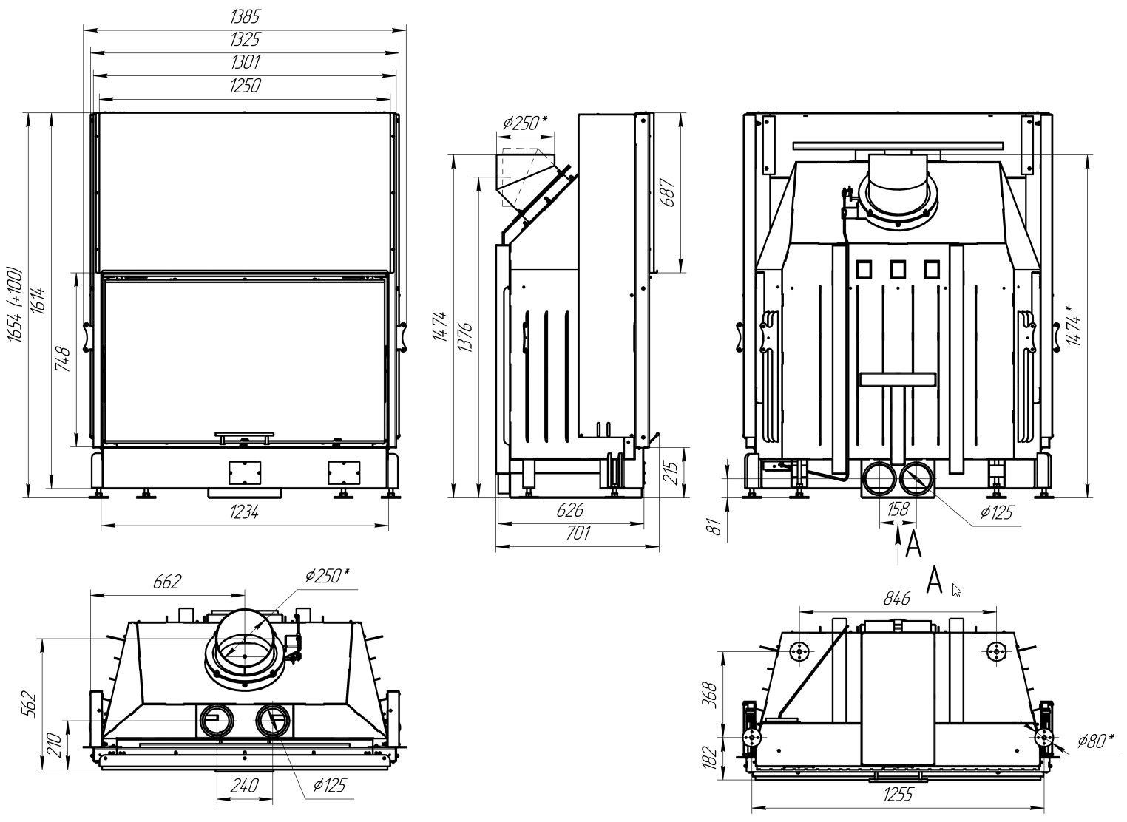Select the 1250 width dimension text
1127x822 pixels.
pos(245,86)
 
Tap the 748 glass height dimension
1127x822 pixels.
pos(64,359)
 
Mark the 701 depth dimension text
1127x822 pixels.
pos(576,533)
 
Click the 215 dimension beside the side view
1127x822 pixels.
pos(671,470)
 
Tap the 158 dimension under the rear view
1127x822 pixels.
pos(897,509)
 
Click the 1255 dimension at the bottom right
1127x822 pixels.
pos(898,795)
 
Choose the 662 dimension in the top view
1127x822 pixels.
pos(167,582)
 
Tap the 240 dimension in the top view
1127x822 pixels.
pos(244,785)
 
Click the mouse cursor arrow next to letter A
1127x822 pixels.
pos(956,590)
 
